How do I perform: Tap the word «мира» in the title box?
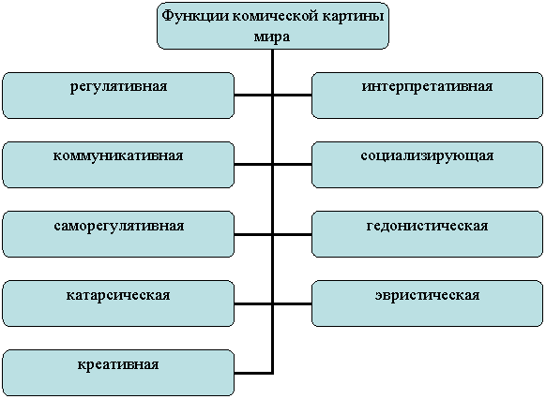[272, 37]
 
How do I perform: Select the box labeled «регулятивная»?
[118, 96]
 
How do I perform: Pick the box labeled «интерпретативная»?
[427, 96]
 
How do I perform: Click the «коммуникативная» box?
[118, 165]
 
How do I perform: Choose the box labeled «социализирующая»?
[427, 165]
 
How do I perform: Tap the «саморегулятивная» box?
[118, 234]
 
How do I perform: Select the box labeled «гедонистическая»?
[427, 234]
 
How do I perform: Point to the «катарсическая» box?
[118, 303]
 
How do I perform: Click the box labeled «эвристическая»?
[427, 303]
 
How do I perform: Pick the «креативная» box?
[118, 373]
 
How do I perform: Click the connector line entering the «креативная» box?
[253, 374]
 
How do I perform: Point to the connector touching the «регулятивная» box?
[253, 96]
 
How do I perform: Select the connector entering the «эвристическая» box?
[292, 303]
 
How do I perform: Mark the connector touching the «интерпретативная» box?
[292, 96]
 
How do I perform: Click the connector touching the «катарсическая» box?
[253, 303]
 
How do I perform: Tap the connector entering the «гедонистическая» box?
[292, 234]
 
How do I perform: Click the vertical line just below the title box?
[273, 71]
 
